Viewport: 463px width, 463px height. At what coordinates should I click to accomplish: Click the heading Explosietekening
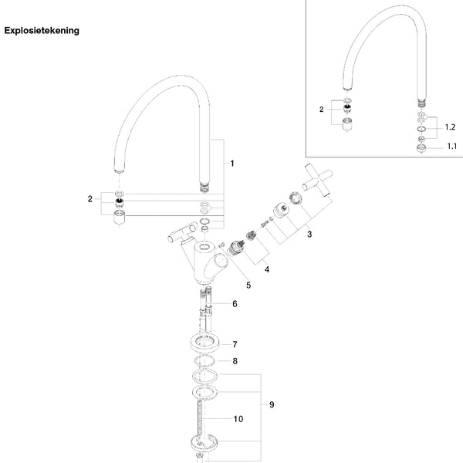pos(42,31)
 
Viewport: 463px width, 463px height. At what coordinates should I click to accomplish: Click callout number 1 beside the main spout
pos(232,164)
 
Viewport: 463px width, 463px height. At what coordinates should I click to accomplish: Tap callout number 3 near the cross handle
pos(309,234)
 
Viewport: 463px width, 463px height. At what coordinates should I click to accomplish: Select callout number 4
pos(267,269)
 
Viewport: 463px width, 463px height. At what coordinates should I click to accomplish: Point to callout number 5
pos(248,286)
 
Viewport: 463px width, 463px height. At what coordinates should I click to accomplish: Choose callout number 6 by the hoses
pos(235,303)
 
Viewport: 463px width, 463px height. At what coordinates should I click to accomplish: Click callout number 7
pos(235,344)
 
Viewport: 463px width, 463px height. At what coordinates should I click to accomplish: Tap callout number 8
pos(235,361)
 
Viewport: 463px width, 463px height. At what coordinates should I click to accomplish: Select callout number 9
pos(272,404)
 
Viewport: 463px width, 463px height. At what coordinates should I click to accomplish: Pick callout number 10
pos(238,419)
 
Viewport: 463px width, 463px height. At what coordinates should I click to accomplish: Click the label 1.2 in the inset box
pos(450,127)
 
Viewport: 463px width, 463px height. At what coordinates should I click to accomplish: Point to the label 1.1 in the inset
pos(451,146)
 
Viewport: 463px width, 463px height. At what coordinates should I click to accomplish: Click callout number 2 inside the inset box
pos(321,110)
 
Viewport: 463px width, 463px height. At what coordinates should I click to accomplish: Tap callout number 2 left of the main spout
pos(90,199)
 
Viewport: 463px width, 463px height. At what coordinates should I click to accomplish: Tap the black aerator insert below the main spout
pos(119,202)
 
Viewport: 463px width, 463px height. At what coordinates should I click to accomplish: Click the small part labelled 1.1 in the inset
pos(421,148)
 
